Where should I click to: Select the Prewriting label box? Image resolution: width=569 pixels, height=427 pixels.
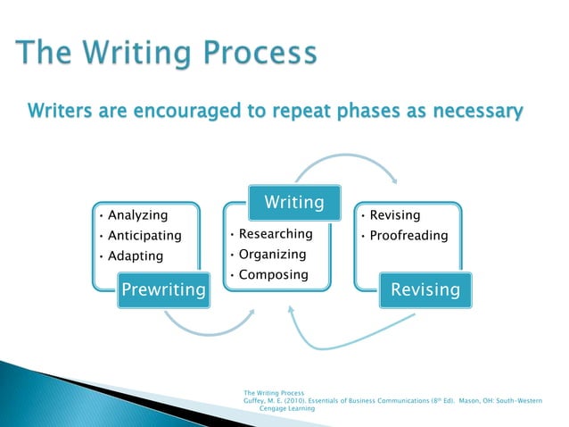(x=163, y=289)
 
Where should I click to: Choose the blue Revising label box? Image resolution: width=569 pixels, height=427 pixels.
(x=425, y=289)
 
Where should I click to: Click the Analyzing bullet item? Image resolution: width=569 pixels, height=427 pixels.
(x=137, y=215)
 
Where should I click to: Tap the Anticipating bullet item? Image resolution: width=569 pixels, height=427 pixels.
(x=144, y=236)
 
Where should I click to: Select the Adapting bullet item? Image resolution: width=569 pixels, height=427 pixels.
(x=136, y=256)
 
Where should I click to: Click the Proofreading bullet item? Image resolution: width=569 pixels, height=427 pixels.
(x=408, y=236)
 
